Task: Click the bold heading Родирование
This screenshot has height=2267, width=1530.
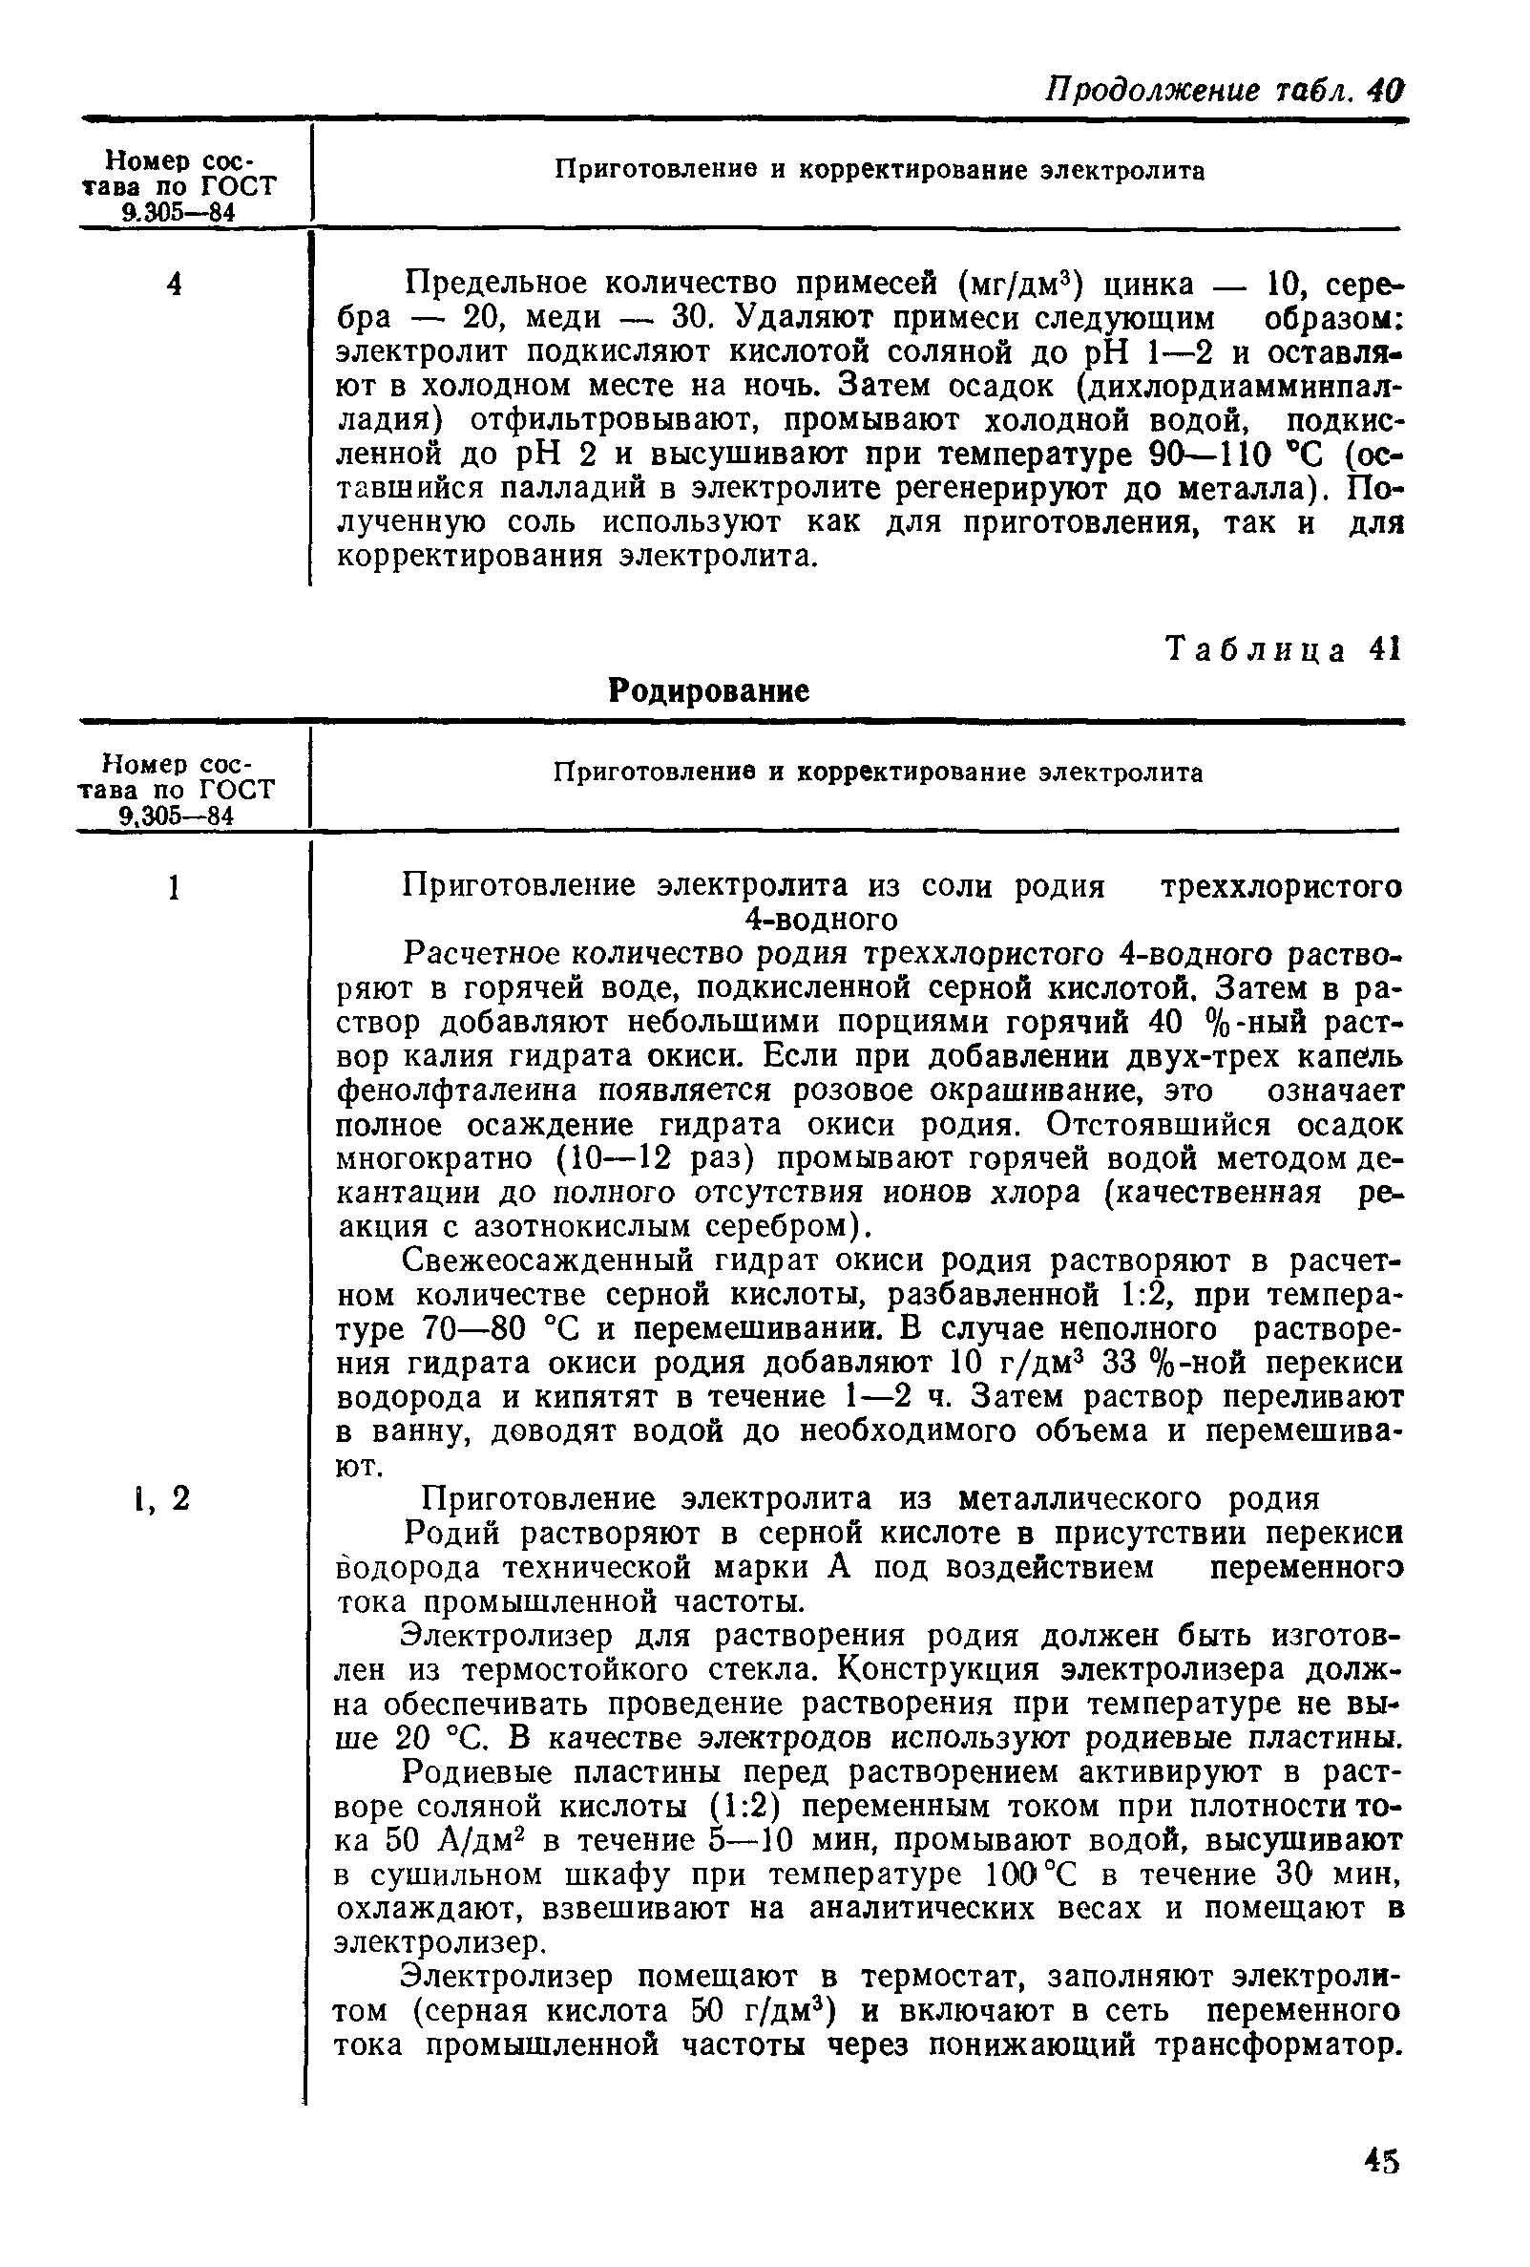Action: click(x=708, y=691)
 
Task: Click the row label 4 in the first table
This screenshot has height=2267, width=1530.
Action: click(x=175, y=285)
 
